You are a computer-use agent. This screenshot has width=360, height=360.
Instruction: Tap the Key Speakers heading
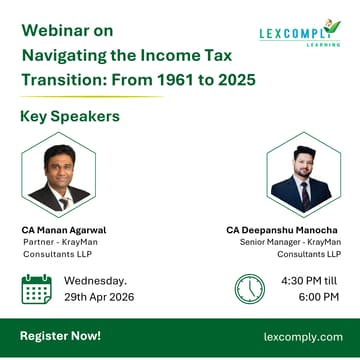point(70,116)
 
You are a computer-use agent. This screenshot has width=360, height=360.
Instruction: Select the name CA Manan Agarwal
point(64,229)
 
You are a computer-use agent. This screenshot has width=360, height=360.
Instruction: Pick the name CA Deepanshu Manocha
point(289,229)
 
